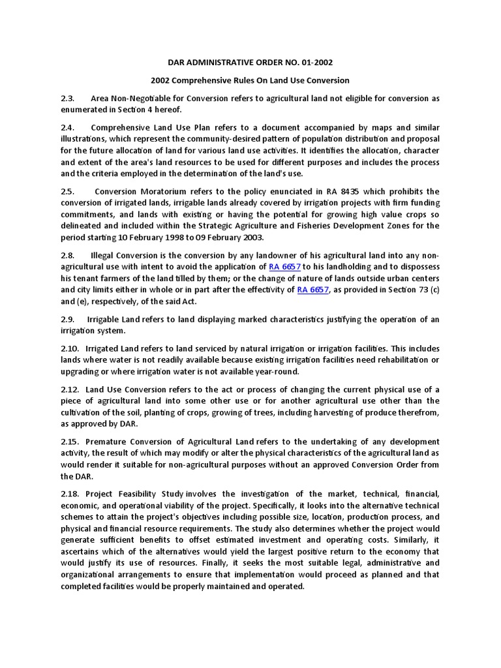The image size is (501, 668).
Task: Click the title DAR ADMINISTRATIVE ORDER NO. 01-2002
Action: (x=250, y=63)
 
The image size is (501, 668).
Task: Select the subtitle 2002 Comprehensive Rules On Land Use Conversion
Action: (x=250, y=80)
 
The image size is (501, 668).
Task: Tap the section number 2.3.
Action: (x=67, y=99)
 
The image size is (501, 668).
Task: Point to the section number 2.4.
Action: (x=67, y=127)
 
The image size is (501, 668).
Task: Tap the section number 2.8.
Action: (x=67, y=256)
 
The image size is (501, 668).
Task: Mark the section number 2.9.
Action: (x=67, y=320)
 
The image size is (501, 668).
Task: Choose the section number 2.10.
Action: (x=69, y=348)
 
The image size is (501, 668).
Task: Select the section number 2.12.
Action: (x=69, y=389)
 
